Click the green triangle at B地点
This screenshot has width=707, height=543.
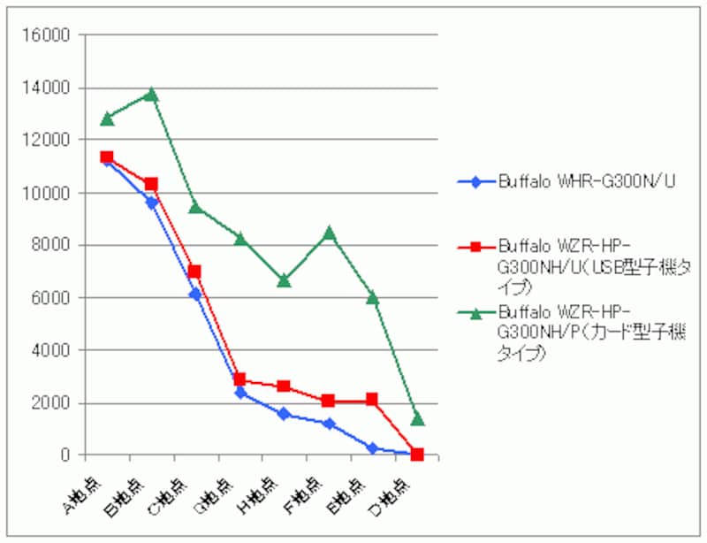click(x=151, y=94)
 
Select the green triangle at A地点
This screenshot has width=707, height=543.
click(x=107, y=118)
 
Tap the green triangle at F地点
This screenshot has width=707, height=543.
click(x=329, y=233)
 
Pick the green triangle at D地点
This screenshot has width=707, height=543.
click(x=417, y=417)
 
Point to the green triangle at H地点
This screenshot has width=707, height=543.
click(x=285, y=280)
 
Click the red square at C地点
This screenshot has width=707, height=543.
click(x=195, y=271)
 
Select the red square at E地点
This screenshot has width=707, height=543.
click(x=373, y=400)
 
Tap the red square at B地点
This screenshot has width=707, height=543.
click(x=151, y=184)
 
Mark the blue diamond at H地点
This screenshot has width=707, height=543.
click(x=285, y=414)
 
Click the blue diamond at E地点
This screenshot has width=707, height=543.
click(x=373, y=448)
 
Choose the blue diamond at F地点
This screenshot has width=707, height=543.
click(x=329, y=424)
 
